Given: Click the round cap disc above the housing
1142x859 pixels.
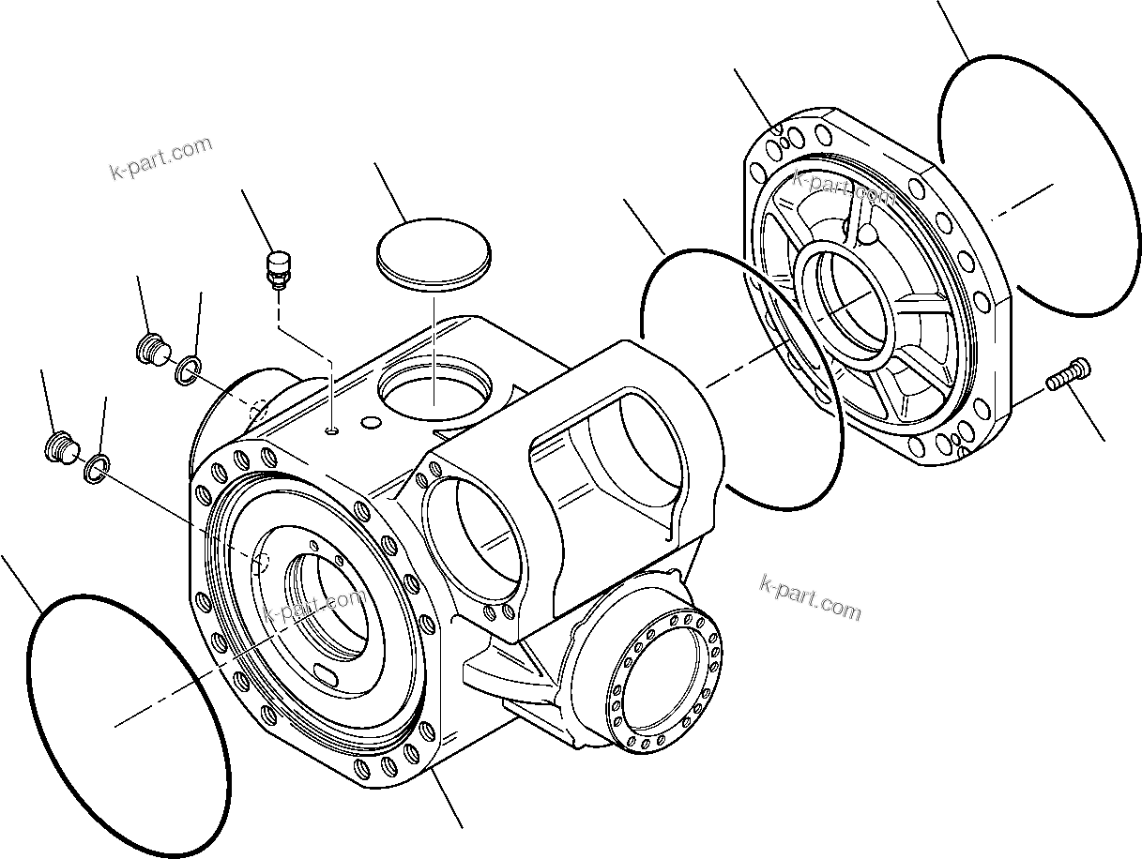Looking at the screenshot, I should tap(434, 249).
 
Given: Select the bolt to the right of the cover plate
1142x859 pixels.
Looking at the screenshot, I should tap(1066, 375).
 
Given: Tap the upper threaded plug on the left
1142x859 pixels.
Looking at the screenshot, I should tap(151, 349).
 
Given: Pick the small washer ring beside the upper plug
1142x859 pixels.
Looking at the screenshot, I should tap(187, 370).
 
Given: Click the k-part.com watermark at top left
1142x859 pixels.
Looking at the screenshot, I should tap(160, 159).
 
